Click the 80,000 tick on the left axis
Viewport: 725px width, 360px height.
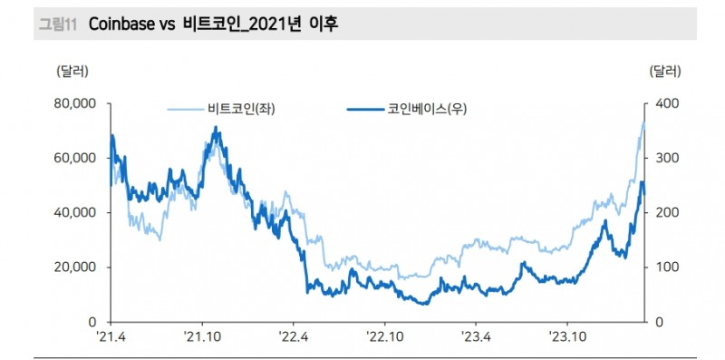(76, 103)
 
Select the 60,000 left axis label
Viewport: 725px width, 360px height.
(76, 158)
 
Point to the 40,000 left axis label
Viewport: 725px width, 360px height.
(76, 212)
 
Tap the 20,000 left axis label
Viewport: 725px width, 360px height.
(76, 268)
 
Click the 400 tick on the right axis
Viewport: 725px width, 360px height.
(663, 103)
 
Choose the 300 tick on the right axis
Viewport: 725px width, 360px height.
(663, 158)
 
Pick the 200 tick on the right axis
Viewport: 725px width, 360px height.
(663, 212)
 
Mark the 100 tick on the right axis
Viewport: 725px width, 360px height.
(663, 268)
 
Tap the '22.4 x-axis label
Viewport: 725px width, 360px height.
(294, 337)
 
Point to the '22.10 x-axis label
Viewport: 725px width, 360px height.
(385, 337)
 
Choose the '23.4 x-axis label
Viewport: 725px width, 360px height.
(476, 337)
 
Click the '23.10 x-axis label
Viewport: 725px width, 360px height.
(567, 337)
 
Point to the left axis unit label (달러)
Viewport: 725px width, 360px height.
(73, 70)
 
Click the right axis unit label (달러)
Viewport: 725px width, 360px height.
(665, 70)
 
